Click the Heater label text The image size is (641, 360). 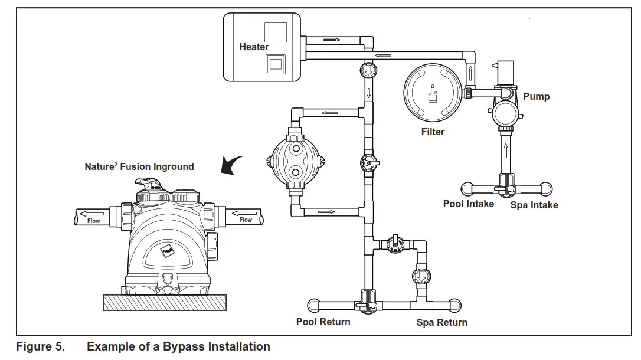(254, 47)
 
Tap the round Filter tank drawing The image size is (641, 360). (433, 92)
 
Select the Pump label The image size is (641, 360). (537, 96)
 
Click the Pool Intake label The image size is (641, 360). (469, 204)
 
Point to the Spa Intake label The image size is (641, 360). (534, 205)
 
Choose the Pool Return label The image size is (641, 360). (323, 322)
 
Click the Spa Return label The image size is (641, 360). (441, 322)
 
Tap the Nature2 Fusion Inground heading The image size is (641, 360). (139, 166)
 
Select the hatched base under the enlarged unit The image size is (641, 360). (164, 302)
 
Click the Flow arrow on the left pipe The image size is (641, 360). (92, 214)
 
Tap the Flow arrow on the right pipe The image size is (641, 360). (244, 213)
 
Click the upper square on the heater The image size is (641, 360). (276, 32)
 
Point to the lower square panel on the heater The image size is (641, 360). (276, 64)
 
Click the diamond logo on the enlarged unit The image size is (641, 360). (168, 251)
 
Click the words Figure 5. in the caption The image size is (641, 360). (41, 346)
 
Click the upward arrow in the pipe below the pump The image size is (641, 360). (506, 150)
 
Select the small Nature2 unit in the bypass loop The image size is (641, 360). (296, 161)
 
